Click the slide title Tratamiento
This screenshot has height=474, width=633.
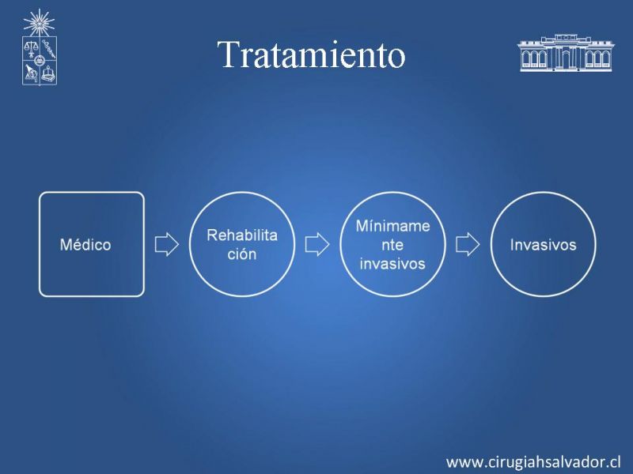[311, 55]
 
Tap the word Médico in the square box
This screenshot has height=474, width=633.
[85, 245]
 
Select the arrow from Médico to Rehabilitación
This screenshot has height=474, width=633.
[167, 244]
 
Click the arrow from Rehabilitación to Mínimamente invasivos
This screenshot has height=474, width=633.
[317, 244]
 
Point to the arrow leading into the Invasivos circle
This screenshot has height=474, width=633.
[468, 244]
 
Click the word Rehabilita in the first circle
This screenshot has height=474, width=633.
[242, 235]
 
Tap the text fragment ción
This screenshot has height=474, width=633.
[242, 254]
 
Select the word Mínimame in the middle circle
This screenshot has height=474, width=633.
[392, 226]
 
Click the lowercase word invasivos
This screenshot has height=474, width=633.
[392, 264]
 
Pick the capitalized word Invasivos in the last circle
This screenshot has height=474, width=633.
[543, 245]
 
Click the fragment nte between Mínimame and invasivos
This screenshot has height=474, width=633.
[392, 245]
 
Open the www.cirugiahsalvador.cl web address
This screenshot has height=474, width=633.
[533, 461]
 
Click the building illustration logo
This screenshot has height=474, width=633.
[566, 53]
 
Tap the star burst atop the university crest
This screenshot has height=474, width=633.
[39, 23]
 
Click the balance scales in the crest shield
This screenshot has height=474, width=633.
[30, 48]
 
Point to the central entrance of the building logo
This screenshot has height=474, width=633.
[566, 58]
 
